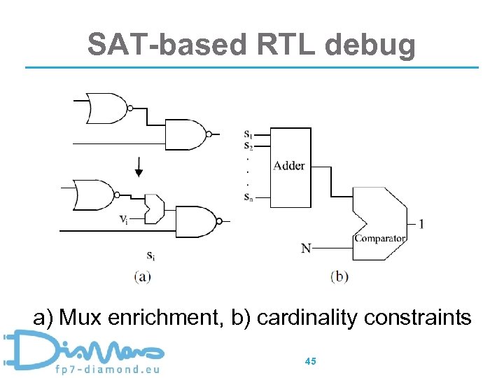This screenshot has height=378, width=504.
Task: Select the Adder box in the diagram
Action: tap(288, 166)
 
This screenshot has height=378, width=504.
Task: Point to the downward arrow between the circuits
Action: tap(139, 168)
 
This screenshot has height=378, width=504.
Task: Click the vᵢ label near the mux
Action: tap(122, 220)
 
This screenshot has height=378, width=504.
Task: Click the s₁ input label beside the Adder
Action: tap(248, 134)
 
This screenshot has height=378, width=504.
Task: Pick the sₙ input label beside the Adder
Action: tap(248, 197)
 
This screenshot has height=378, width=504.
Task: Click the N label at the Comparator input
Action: tap(306, 248)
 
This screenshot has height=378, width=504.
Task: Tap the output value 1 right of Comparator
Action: tap(421, 224)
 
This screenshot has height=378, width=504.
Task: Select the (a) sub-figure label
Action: tap(142, 276)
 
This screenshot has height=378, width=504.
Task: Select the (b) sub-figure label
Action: tap(339, 276)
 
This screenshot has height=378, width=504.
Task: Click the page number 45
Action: tap(311, 361)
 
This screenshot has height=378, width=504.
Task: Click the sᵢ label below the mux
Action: tap(150, 255)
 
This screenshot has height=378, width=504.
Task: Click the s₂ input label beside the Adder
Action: tap(248, 145)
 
